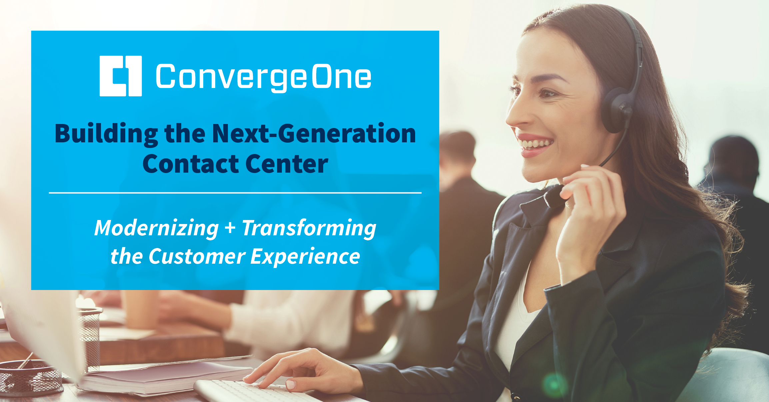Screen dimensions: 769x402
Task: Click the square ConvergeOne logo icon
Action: pos(121,76)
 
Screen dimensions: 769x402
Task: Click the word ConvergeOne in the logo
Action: pos(264,78)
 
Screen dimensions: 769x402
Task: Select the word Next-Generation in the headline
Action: pos(314,133)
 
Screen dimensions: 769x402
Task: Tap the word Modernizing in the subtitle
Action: pos(157,229)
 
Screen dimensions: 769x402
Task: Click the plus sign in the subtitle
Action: pos(230,228)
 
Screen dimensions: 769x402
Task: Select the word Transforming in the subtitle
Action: pos(309,229)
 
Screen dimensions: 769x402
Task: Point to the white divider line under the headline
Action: pos(235,193)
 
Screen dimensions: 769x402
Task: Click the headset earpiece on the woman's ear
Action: pos(616,110)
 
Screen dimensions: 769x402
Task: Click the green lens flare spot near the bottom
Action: pos(554,385)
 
